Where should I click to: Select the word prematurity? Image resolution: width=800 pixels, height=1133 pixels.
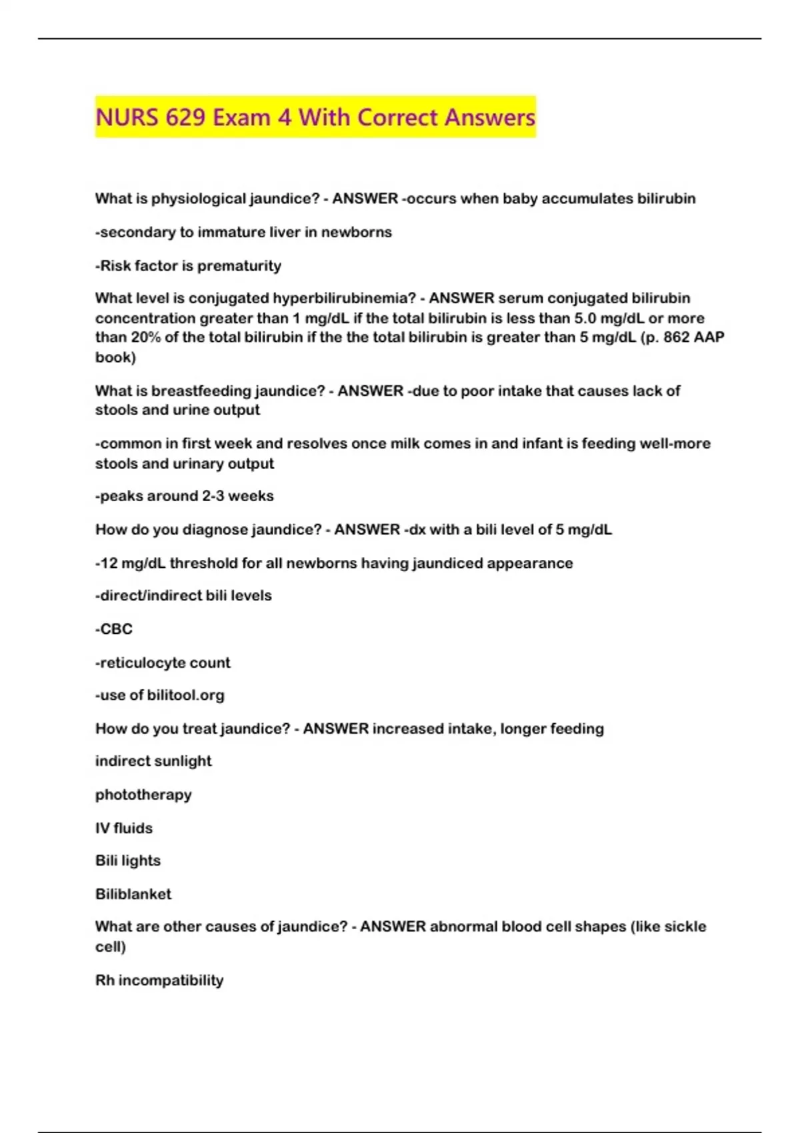pyautogui.click(x=239, y=266)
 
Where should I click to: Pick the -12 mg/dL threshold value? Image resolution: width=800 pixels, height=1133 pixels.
pyautogui.click(x=131, y=563)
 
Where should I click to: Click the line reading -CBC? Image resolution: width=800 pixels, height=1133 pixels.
pyautogui.click(x=114, y=629)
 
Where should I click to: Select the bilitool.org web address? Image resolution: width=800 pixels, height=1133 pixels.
pyautogui.click(x=185, y=695)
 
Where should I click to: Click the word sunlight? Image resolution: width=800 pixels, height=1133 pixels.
pyautogui.click(x=181, y=761)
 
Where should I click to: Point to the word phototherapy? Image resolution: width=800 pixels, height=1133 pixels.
pyautogui.click(x=143, y=795)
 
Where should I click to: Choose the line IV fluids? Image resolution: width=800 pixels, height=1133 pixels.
pyautogui.click(x=124, y=828)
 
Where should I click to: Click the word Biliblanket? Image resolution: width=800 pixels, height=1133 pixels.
pyautogui.click(x=133, y=894)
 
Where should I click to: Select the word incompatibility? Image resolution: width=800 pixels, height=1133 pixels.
pyautogui.click(x=171, y=981)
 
